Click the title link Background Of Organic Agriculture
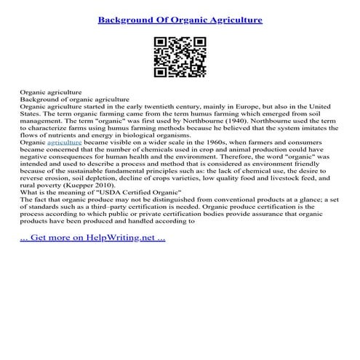[180, 19]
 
